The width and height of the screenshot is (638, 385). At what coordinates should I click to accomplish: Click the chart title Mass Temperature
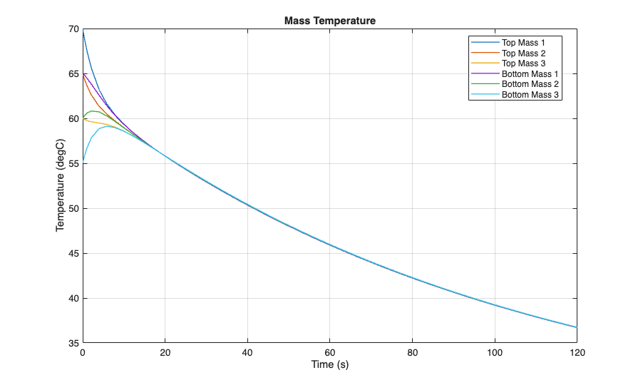329,21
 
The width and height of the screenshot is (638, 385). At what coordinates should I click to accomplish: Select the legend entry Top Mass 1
523,43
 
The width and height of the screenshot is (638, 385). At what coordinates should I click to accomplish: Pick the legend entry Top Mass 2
523,53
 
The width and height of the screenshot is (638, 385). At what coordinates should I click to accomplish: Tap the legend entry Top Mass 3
523,63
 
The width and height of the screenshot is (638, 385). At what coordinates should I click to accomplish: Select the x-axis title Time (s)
329,364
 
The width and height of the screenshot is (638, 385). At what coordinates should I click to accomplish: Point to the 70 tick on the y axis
73,29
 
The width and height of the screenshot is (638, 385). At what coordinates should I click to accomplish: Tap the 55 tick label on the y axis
73,163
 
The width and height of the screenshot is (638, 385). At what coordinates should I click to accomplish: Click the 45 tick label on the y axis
73,253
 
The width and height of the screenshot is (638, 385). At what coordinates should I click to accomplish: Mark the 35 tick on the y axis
73,343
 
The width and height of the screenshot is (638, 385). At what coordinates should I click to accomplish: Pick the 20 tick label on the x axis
165,352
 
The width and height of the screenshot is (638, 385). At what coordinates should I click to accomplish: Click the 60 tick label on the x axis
330,352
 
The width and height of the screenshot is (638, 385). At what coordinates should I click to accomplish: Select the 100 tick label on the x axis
495,352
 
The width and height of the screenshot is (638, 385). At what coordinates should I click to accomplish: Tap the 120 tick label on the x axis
577,352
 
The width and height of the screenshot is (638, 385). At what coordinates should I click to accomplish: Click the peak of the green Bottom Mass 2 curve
93,111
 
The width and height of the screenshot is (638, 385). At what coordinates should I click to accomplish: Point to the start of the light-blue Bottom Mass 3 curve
83,162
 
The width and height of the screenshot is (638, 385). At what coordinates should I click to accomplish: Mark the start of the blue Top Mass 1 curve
83,30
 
